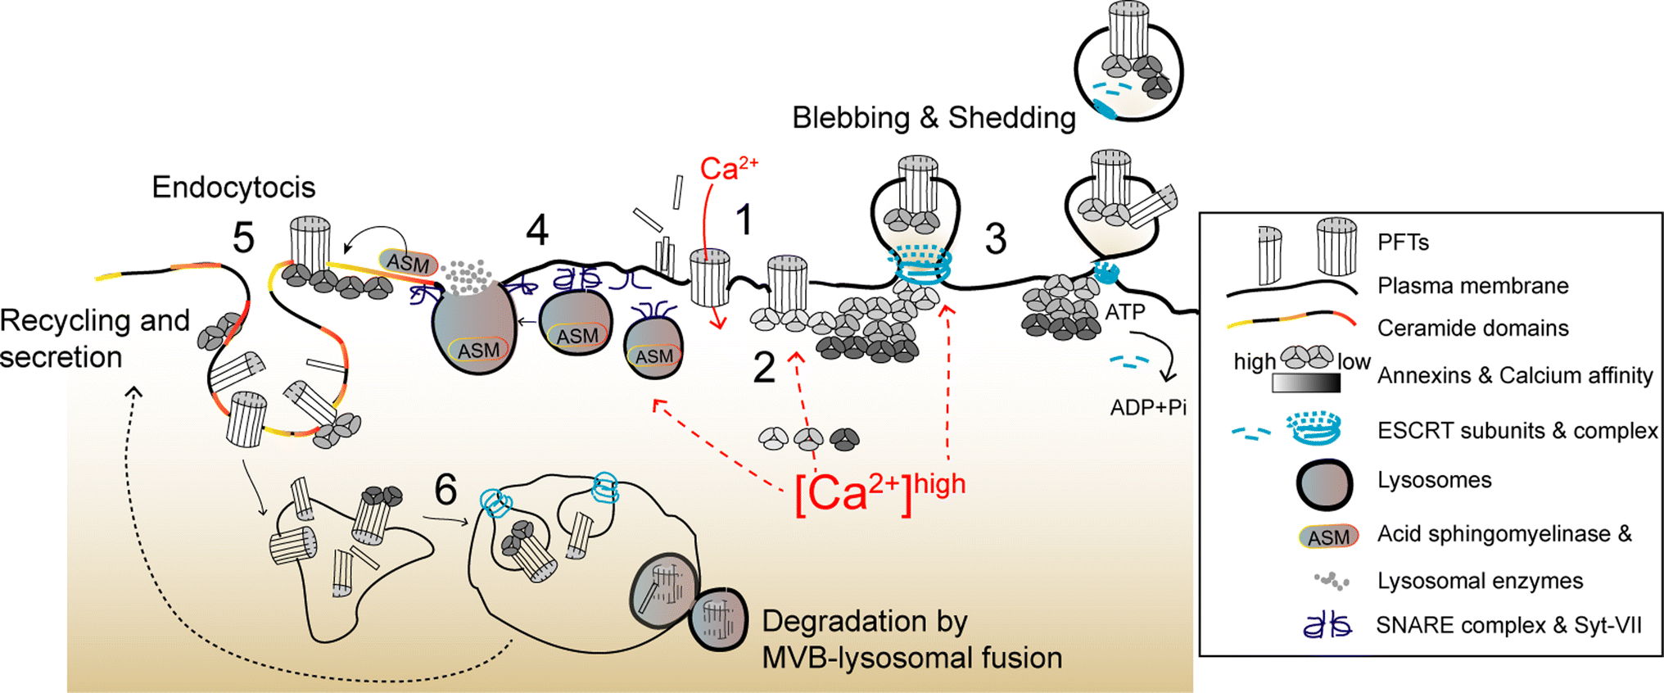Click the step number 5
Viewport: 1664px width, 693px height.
click(x=243, y=238)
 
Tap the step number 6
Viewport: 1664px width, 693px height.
click(x=445, y=490)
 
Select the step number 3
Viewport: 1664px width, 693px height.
click(x=995, y=239)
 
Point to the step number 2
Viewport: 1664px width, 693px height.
click(x=763, y=368)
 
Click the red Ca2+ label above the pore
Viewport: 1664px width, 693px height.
click(x=728, y=169)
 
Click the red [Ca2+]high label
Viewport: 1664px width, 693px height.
click(x=879, y=492)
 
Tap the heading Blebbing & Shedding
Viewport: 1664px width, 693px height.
click(x=934, y=118)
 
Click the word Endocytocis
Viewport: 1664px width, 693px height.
click(x=233, y=188)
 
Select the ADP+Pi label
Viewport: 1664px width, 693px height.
click(x=1148, y=407)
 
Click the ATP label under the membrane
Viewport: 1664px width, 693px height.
click(x=1124, y=312)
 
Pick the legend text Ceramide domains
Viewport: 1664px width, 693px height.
click(x=1472, y=328)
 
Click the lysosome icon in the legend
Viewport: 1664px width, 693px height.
click(x=1323, y=484)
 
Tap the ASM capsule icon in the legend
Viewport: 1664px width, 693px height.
click(x=1327, y=537)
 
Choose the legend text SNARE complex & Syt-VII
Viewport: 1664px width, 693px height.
click(x=1508, y=626)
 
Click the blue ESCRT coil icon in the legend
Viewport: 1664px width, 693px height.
click(x=1314, y=428)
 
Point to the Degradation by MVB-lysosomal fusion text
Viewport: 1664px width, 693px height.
click(x=911, y=640)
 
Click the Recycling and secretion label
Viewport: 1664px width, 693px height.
click(x=94, y=338)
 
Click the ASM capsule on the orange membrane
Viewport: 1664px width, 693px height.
click(x=408, y=263)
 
